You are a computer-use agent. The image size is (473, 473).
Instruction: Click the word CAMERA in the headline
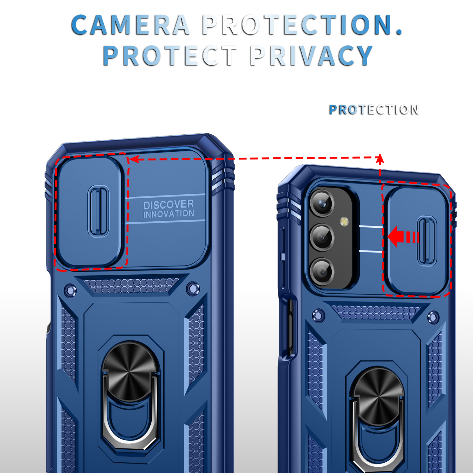(x=130, y=25)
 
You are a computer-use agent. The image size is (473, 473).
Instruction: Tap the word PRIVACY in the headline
(x=312, y=55)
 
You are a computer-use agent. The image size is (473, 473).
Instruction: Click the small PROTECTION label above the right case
(x=374, y=110)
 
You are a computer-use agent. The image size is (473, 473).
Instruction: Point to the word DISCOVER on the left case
(x=168, y=205)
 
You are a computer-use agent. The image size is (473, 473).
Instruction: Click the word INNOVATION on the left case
(x=168, y=214)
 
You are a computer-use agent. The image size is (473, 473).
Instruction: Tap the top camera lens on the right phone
(x=322, y=203)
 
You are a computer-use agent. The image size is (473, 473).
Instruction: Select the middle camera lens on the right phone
(x=322, y=237)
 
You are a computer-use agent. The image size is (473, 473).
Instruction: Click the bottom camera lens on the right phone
(x=322, y=271)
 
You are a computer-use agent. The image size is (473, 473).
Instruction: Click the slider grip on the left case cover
(x=99, y=211)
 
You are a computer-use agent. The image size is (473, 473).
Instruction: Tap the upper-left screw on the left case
(x=70, y=290)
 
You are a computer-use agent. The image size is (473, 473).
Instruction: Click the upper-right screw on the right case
(x=433, y=318)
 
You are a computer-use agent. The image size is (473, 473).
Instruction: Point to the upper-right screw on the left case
(x=193, y=288)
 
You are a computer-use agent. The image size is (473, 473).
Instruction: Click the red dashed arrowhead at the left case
(x=134, y=159)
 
